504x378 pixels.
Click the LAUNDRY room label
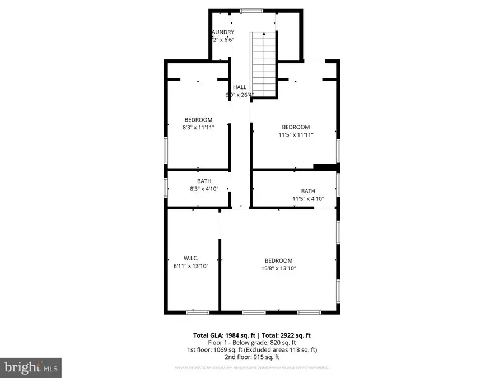223,32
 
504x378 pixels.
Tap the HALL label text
240,87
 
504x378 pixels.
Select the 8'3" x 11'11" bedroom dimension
199,127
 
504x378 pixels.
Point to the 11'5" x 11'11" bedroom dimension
295,134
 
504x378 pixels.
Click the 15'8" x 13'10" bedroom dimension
278,268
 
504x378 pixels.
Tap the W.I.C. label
192,258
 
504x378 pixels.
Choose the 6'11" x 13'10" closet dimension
192,266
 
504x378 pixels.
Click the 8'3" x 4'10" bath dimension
204,189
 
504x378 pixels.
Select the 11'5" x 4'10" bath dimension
308,198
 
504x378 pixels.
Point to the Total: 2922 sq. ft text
287,335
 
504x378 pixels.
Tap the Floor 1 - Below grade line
252,342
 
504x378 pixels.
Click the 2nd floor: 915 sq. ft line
252,357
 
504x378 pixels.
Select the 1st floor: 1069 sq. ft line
252,349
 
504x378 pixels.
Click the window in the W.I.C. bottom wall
198,312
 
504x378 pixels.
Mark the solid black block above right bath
325,166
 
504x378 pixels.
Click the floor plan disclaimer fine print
252,368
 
